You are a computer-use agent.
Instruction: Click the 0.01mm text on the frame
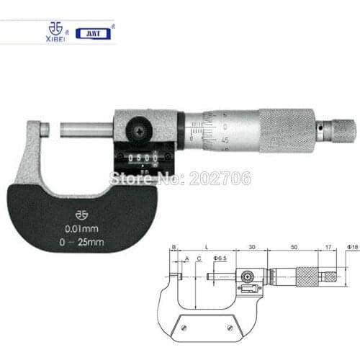[x=78, y=230]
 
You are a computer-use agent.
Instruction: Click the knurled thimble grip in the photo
[x=287, y=130]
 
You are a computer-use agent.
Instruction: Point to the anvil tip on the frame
[x=45, y=130]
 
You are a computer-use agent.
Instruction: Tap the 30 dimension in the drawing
[x=251, y=247]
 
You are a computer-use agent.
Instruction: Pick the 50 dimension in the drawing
[x=294, y=247]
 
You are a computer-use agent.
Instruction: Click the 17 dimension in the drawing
[x=330, y=247]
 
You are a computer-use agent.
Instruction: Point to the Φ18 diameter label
[x=352, y=247]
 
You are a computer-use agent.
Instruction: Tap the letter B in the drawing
[x=174, y=247]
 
